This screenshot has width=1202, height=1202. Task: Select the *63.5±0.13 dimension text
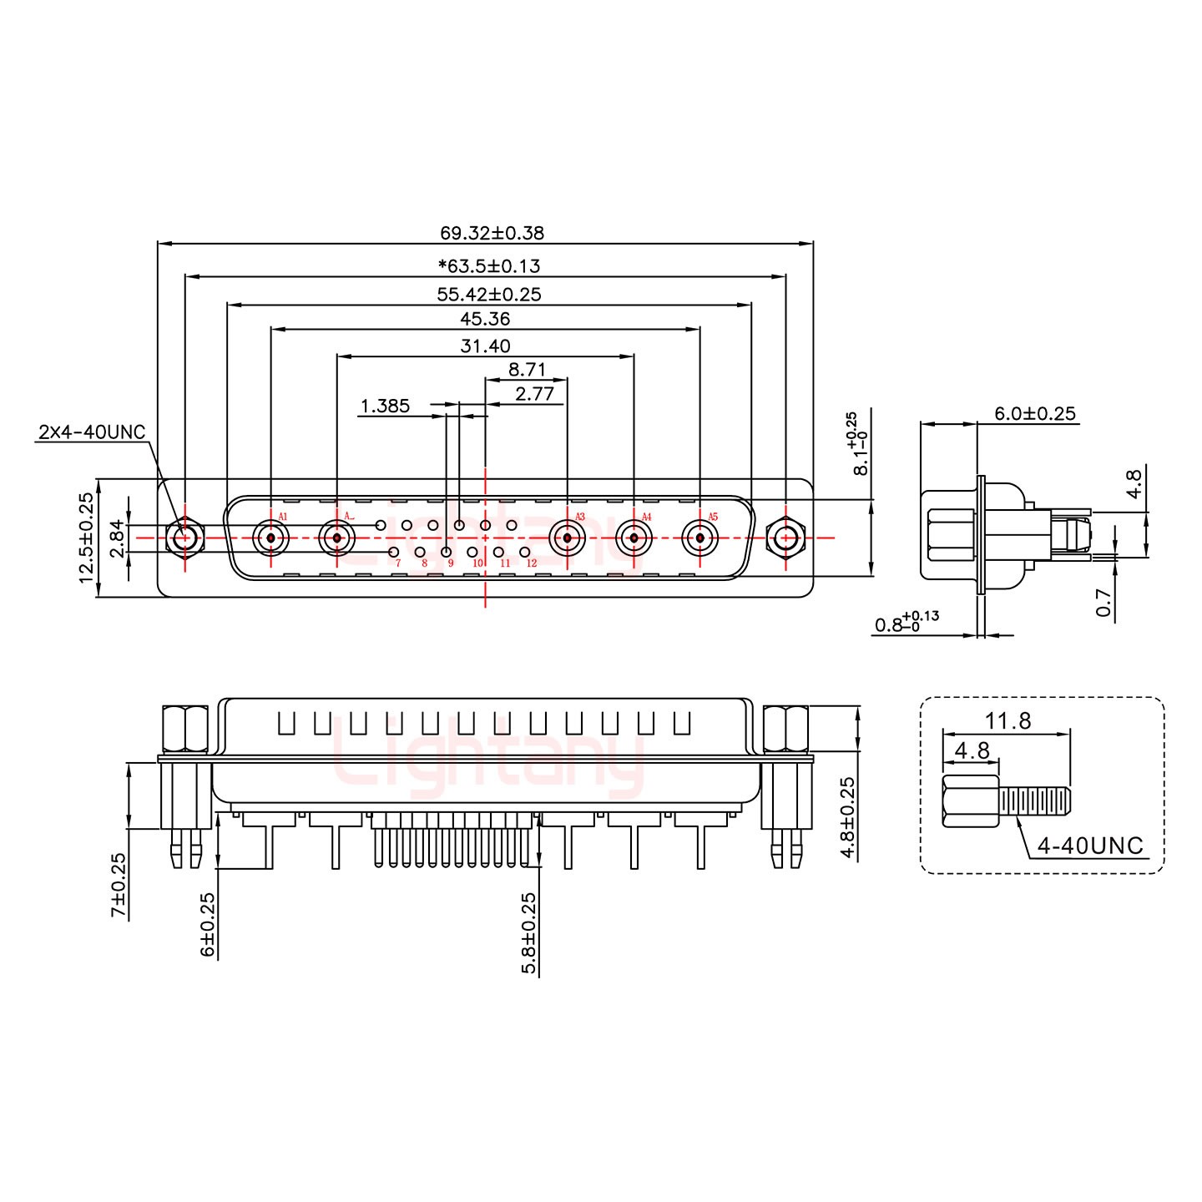click(489, 266)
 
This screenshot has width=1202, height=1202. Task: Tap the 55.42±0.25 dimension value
click(489, 294)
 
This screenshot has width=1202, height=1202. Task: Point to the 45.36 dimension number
click(485, 319)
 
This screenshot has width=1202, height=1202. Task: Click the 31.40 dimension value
click(485, 346)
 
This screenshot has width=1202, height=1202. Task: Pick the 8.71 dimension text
click(527, 369)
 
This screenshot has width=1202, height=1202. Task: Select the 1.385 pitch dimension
click(385, 406)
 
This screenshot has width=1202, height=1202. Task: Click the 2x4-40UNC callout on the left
click(92, 432)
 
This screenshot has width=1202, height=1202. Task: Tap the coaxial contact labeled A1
click(270, 538)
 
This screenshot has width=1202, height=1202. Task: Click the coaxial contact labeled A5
click(699, 538)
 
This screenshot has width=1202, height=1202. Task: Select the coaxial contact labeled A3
click(567, 538)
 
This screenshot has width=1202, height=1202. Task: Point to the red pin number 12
click(532, 563)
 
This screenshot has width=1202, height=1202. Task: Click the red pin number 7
click(398, 563)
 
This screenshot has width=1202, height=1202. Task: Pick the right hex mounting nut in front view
click(785, 538)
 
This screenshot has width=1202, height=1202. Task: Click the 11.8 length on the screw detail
click(1008, 720)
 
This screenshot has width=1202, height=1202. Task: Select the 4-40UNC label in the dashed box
click(1090, 846)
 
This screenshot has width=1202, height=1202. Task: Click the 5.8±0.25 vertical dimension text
click(528, 933)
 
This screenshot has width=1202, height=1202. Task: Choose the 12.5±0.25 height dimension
click(86, 538)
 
